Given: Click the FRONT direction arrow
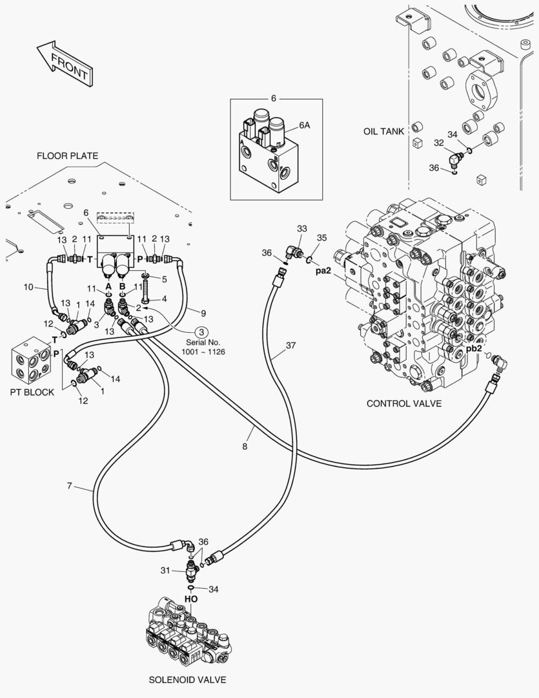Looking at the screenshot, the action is [x=65, y=63].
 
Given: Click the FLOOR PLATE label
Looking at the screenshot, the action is [x=67, y=156].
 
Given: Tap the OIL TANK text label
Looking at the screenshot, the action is [x=383, y=131].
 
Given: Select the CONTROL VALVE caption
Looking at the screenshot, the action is [x=404, y=403].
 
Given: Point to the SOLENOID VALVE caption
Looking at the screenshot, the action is [x=187, y=680].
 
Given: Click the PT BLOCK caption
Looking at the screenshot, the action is [x=32, y=392].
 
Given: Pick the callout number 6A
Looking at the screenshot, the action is [x=304, y=125].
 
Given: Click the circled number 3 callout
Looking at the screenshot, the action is [x=201, y=332].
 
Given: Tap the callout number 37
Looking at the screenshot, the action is [x=291, y=345].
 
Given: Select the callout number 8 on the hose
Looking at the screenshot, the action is [x=245, y=447].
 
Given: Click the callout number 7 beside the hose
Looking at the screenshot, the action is [x=69, y=485].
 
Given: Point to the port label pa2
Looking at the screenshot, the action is [x=323, y=271].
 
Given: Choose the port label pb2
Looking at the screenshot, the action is [x=474, y=348].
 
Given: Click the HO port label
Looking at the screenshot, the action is [x=191, y=599].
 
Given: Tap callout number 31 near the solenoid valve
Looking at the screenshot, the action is [x=165, y=570].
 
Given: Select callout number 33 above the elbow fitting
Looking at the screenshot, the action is [x=302, y=229].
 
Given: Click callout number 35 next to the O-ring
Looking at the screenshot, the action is [x=322, y=238].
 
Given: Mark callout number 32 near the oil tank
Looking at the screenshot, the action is [x=439, y=143].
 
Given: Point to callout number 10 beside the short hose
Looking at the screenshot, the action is [x=28, y=287].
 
